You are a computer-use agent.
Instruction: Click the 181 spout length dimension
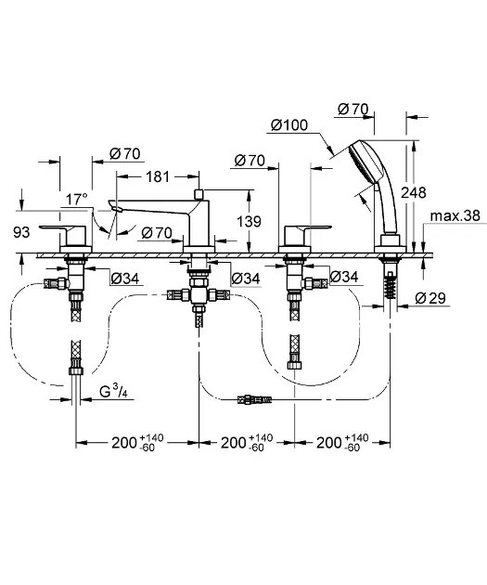point(158,176)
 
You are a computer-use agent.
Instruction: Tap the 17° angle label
point(77,200)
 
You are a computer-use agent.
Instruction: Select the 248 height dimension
point(414,192)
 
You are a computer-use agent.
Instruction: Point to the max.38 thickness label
point(455,215)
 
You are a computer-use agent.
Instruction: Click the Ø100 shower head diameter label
point(289,125)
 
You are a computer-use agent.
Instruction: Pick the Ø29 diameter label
point(430,298)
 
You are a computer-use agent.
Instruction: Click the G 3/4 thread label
point(113,392)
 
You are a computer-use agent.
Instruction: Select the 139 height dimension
point(249,221)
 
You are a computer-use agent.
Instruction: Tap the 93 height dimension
point(21,232)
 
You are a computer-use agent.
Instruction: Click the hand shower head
point(366,162)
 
